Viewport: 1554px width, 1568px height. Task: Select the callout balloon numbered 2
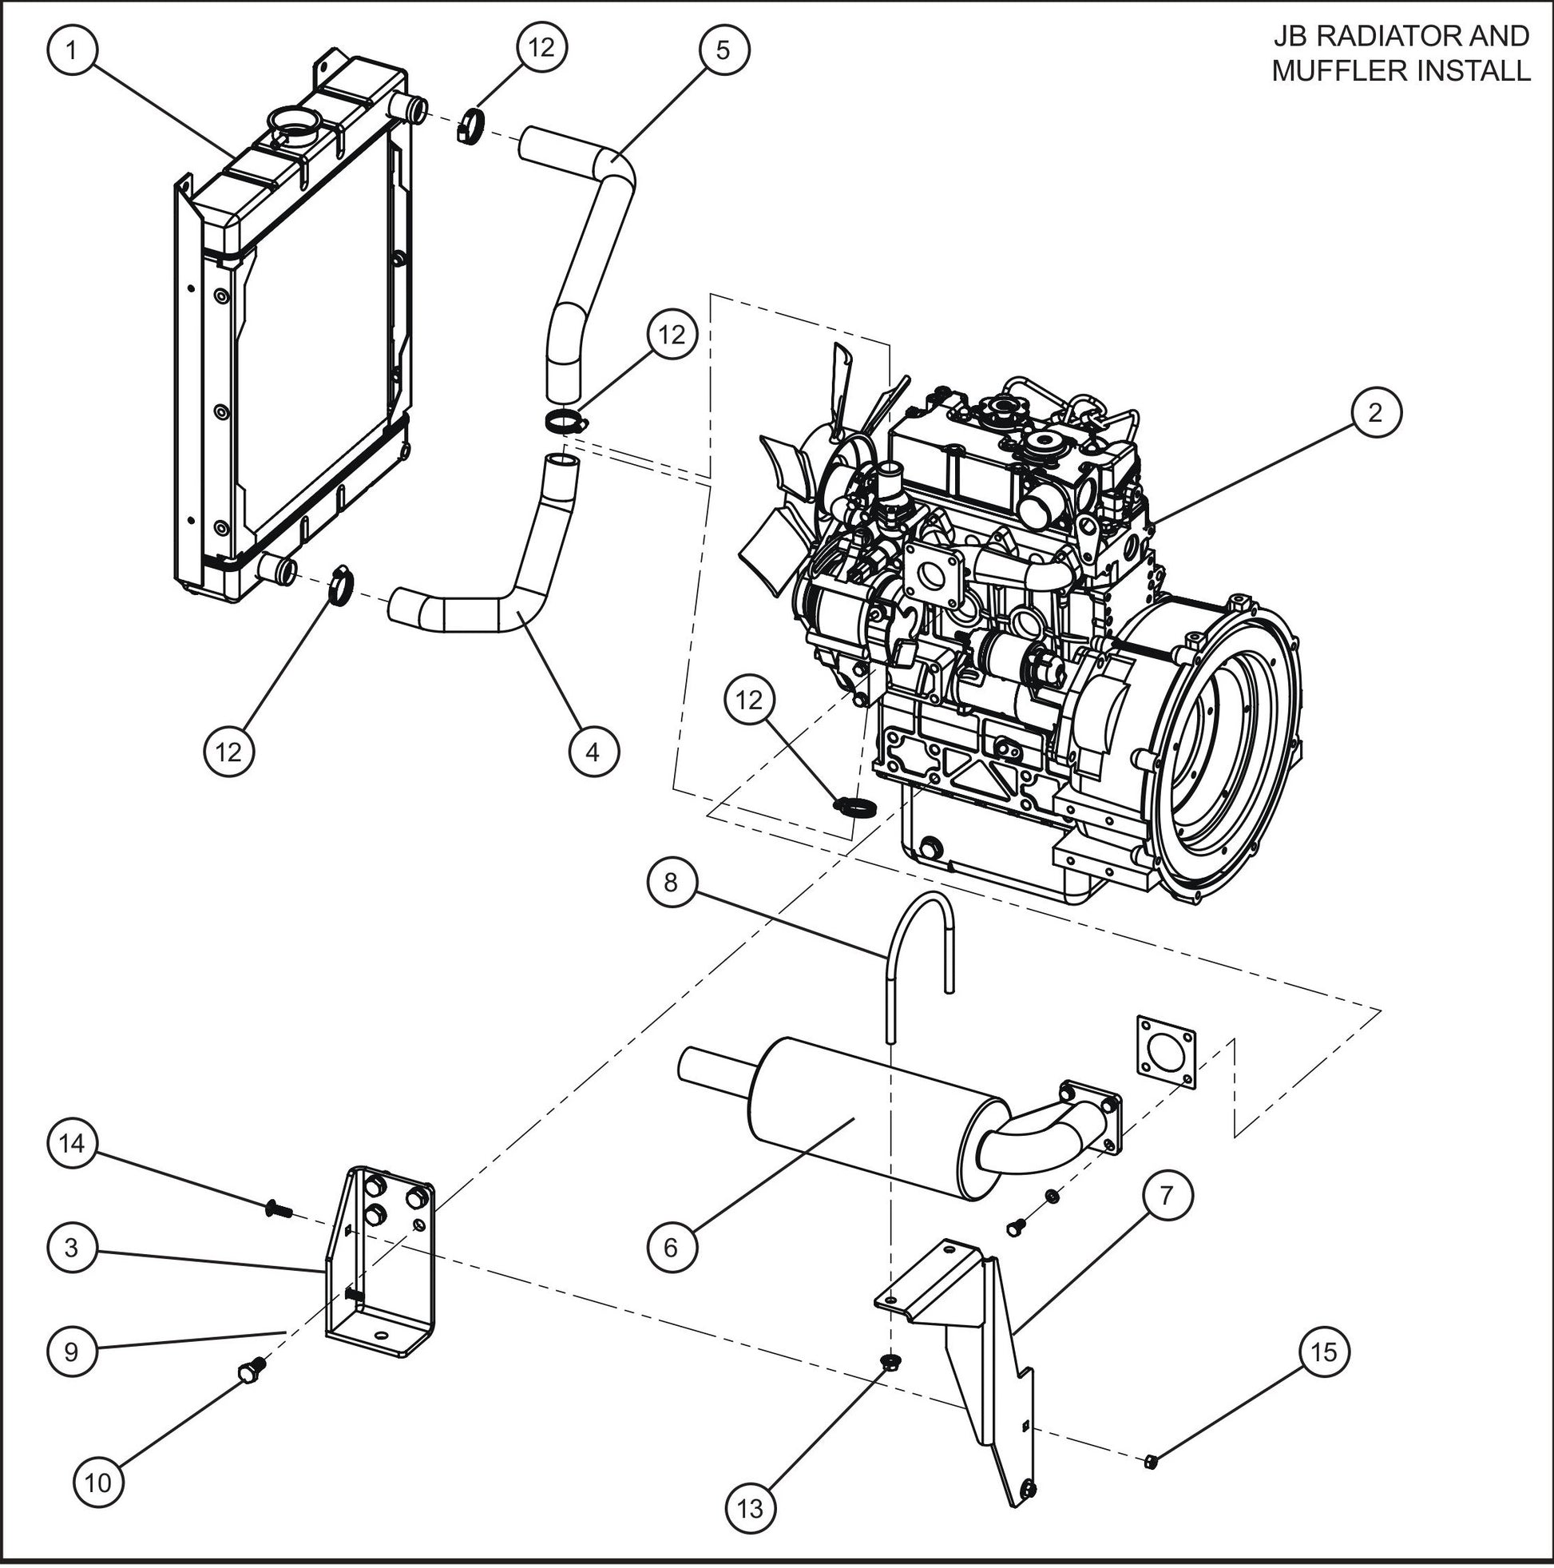(x=1374, y=413)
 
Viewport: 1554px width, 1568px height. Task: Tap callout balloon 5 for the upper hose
(x=723, y=50)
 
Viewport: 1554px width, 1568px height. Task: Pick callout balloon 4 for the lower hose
(x=593, y=752)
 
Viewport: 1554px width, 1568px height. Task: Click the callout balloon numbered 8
(x=670, y=882)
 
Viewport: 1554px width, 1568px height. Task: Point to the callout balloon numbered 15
(x=1323, y=1352)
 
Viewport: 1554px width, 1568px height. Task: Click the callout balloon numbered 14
(x=72, y=1145)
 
